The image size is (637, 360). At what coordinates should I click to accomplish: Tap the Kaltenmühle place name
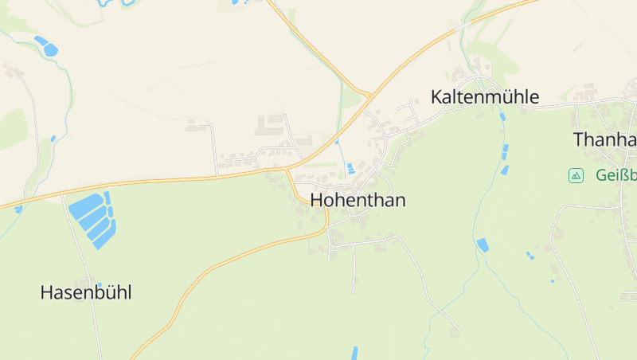coord(484,97)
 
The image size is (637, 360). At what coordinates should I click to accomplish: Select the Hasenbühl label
coord(85,292)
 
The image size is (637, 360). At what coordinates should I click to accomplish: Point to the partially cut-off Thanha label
coord(604,139)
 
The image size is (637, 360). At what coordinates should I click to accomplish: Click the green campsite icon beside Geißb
coord(576,175)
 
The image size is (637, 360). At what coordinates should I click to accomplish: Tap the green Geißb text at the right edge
coord(615,175)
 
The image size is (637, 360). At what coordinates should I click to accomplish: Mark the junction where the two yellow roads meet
coord(370,96)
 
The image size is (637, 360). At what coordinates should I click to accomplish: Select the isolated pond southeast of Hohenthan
coord(482,245)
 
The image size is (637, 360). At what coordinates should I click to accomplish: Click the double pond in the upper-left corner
coord(46,45)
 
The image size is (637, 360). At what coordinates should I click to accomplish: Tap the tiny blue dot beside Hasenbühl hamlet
coord(99,284)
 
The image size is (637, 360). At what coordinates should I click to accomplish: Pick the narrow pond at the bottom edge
coord(354,353)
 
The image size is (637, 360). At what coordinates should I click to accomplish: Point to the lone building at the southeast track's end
coord(454,331)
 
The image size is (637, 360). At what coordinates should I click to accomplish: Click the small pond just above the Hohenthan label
coord(351,168)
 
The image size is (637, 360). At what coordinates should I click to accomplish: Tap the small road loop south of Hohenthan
coord(334,239)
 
